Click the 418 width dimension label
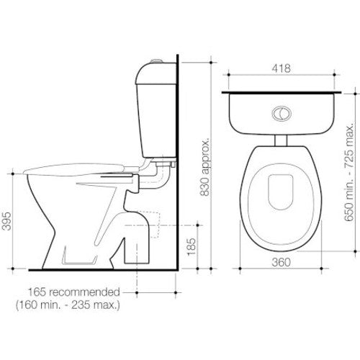point(281,68)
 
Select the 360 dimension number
point(281,262)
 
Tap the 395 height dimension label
point(6,221)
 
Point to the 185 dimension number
point(192,247)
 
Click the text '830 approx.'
point(205,167)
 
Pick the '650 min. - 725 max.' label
point(349,172)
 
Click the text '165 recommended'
point(74,292)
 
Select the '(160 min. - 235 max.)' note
point(68,305)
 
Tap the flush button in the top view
point(282,113)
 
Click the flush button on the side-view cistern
point(157,61)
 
